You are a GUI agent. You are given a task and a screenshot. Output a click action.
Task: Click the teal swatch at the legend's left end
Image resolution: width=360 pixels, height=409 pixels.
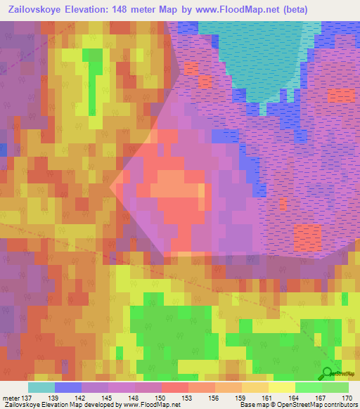pyautogui.click(x=41, y=387)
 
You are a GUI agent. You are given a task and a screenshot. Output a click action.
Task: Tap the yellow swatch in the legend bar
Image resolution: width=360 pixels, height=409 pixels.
pyautogui.click(x=282, y=387)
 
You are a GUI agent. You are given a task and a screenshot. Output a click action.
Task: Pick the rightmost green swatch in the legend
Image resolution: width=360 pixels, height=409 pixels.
pyautogui.click(x=335, y=387)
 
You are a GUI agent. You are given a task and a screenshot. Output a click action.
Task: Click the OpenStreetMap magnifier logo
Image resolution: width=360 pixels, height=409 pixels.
pyautogui.click(x=327, y=373)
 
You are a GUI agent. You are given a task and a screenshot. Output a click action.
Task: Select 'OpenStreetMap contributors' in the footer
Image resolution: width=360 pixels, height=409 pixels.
pyautogui.click(x=318, y=405)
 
